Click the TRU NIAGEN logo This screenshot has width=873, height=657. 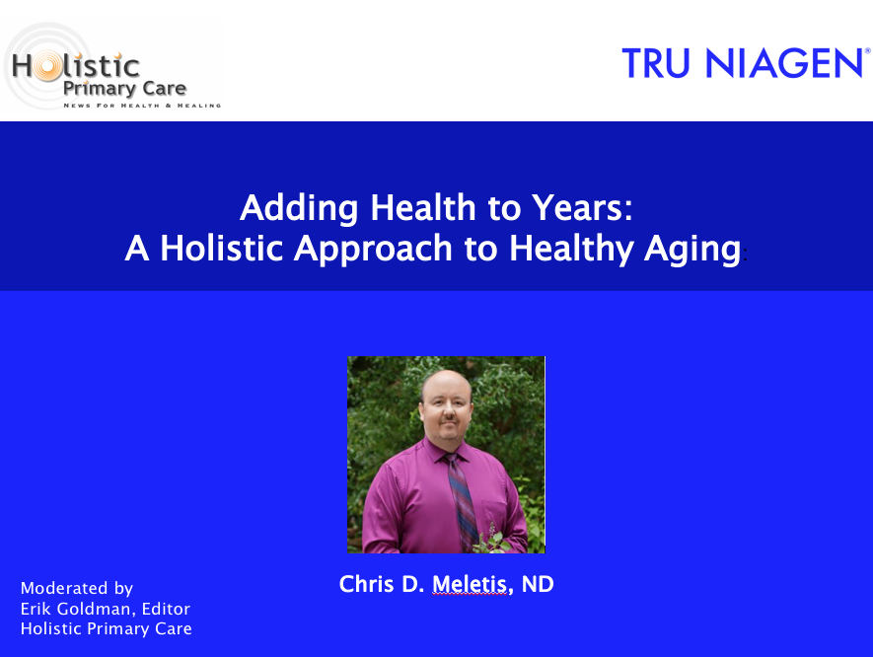(746, 63)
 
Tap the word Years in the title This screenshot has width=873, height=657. (582, 208)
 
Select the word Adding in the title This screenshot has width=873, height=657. (299, 209)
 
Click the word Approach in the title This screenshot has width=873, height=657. (373, 249)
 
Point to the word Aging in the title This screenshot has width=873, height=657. (692, 250)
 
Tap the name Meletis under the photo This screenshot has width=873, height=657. (470, 584)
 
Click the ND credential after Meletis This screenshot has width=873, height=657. (538, 584)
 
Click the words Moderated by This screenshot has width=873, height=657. (77, 589)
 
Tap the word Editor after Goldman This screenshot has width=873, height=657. (166, 609)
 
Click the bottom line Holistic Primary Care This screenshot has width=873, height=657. (107, 628)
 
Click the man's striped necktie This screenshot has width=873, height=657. (462, 501)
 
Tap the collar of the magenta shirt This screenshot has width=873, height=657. (446, 451)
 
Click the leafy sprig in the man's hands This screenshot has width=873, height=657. (492, 539)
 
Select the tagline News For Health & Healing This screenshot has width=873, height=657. (142, 106)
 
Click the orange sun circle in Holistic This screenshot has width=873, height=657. (46, 66)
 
